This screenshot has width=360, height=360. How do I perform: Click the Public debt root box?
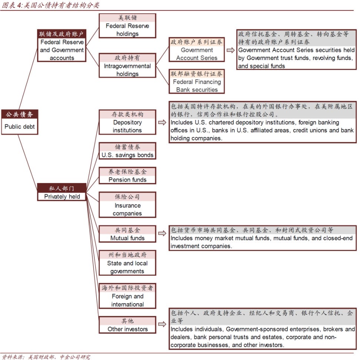point(20,122)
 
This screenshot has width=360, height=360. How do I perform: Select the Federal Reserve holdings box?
point(127,26)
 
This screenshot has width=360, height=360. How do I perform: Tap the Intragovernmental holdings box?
point(127,66)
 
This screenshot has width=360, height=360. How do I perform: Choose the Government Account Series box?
point(197,50)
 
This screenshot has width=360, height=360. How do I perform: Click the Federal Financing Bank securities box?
point(197,81)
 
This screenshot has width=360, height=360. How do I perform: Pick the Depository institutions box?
point(127,122)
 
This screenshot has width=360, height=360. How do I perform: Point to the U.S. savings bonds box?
point(127,151)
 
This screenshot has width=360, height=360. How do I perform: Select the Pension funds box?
point(127,176)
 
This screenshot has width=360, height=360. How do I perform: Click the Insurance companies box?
point(127,205)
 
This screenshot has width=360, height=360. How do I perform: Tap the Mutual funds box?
point(127,234)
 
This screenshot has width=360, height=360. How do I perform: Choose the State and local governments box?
point(127,263)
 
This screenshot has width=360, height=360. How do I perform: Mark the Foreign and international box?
point(127,296)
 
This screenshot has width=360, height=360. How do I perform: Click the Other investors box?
point(127,325)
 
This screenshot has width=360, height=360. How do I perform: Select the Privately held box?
point(62,192)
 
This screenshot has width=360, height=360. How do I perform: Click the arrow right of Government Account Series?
point(230,50)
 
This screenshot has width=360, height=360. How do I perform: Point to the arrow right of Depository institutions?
point(162,122)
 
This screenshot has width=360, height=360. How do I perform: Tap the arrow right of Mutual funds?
point(162,233)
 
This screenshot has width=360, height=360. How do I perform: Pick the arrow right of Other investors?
point(162,324)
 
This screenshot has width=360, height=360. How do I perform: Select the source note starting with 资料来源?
point(46,357)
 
